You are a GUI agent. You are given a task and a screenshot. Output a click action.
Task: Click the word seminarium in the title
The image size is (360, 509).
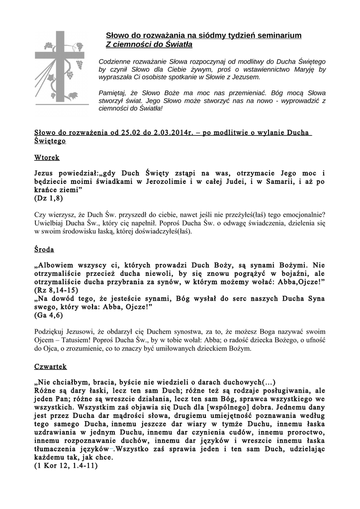pos(279,36)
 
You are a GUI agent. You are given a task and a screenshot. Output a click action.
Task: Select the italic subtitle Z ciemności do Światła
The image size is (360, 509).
pos(149,45)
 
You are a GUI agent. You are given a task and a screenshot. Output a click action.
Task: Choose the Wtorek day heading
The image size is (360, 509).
pos(47,158)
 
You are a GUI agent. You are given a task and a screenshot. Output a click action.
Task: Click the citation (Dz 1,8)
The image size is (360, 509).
pos(49,198)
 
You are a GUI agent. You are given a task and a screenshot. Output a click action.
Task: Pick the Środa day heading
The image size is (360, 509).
pos(44,249)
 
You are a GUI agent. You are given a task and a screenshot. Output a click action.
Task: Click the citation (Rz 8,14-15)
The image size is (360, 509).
pos(56,290)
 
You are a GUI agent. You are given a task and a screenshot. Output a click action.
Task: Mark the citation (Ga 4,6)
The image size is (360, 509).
pos(49,315)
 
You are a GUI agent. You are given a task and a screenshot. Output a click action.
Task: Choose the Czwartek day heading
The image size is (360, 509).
pos(51,366)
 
